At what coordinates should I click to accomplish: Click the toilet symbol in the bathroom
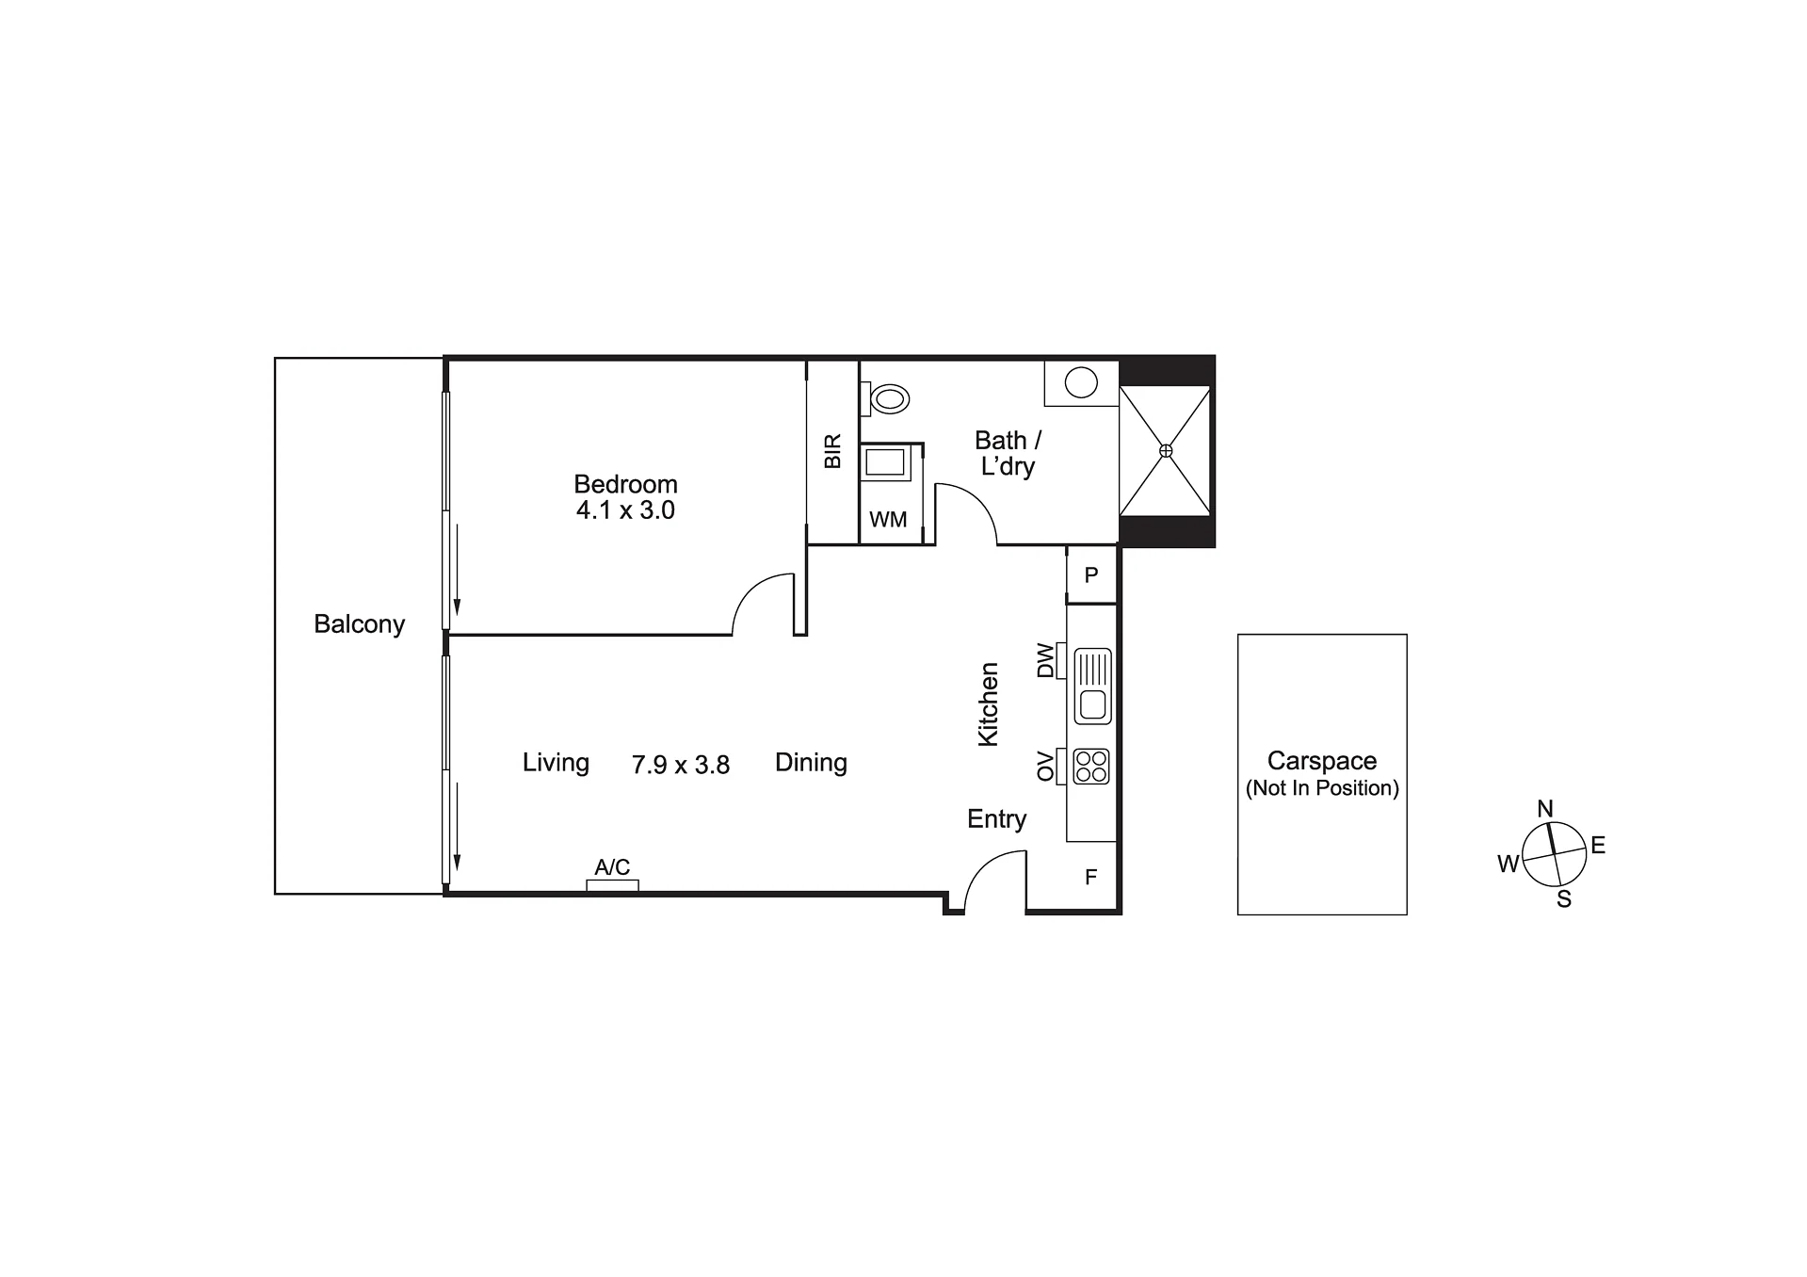tap(885, 398)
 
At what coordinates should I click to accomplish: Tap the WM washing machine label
tap(888, 520)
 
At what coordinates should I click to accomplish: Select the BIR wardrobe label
tap(832, 452)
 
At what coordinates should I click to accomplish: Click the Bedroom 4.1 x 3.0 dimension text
tap(625, 510)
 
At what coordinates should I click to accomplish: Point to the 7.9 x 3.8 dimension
tap(681, 765)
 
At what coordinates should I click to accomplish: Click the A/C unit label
tap(612, 866)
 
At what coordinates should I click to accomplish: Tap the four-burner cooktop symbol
tap(1092, 767)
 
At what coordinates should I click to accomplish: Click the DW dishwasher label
tap(1045, 660)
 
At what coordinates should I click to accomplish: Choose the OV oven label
tap(1045, 767)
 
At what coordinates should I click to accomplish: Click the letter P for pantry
tap(1091, 575)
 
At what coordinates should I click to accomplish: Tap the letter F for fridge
tap(1091, 878)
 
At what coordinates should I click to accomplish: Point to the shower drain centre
tap(1166, 451)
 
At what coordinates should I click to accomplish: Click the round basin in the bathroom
tap(1081, 382)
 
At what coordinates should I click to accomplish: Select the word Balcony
tap(360, 625)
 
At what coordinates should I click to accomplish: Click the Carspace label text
tap(1322, 761)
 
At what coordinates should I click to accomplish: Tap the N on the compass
tap(1545, 809)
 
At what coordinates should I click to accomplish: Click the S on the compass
tap(1564, 899)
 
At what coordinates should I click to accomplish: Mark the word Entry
tap(996, 820)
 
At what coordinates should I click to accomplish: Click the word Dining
tap(811, 764)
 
